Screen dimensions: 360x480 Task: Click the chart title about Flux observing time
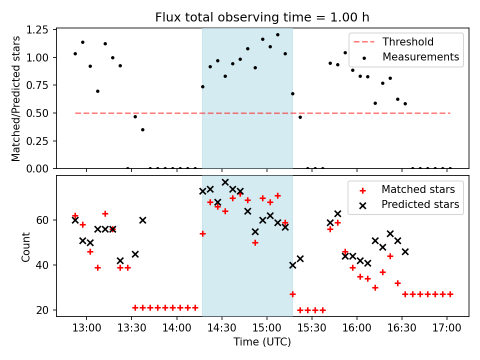(262, 17)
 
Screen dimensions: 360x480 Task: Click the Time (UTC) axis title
(262, 342)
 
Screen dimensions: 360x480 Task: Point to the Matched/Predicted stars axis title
(16, 98)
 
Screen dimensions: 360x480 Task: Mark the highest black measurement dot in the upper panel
(277, 35)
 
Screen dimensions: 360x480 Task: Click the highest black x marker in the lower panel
(225, 182)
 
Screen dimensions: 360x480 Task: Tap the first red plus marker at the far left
(75, 216)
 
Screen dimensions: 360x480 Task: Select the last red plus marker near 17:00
(450, 294)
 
